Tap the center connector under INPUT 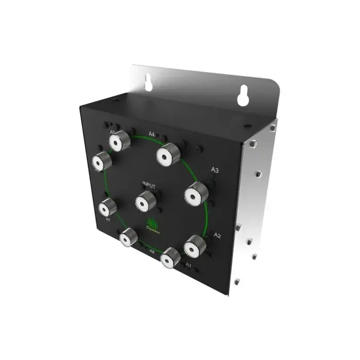click(x=146, y=201)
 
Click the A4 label click(x=152, y=135)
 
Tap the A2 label click(x=217, y=236)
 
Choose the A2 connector click(x=194, y=246)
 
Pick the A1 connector click(x=170, y=258)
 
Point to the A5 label click(x=112, y=132)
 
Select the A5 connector click(x=121, y=141)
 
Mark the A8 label click(x=152, y=251)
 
